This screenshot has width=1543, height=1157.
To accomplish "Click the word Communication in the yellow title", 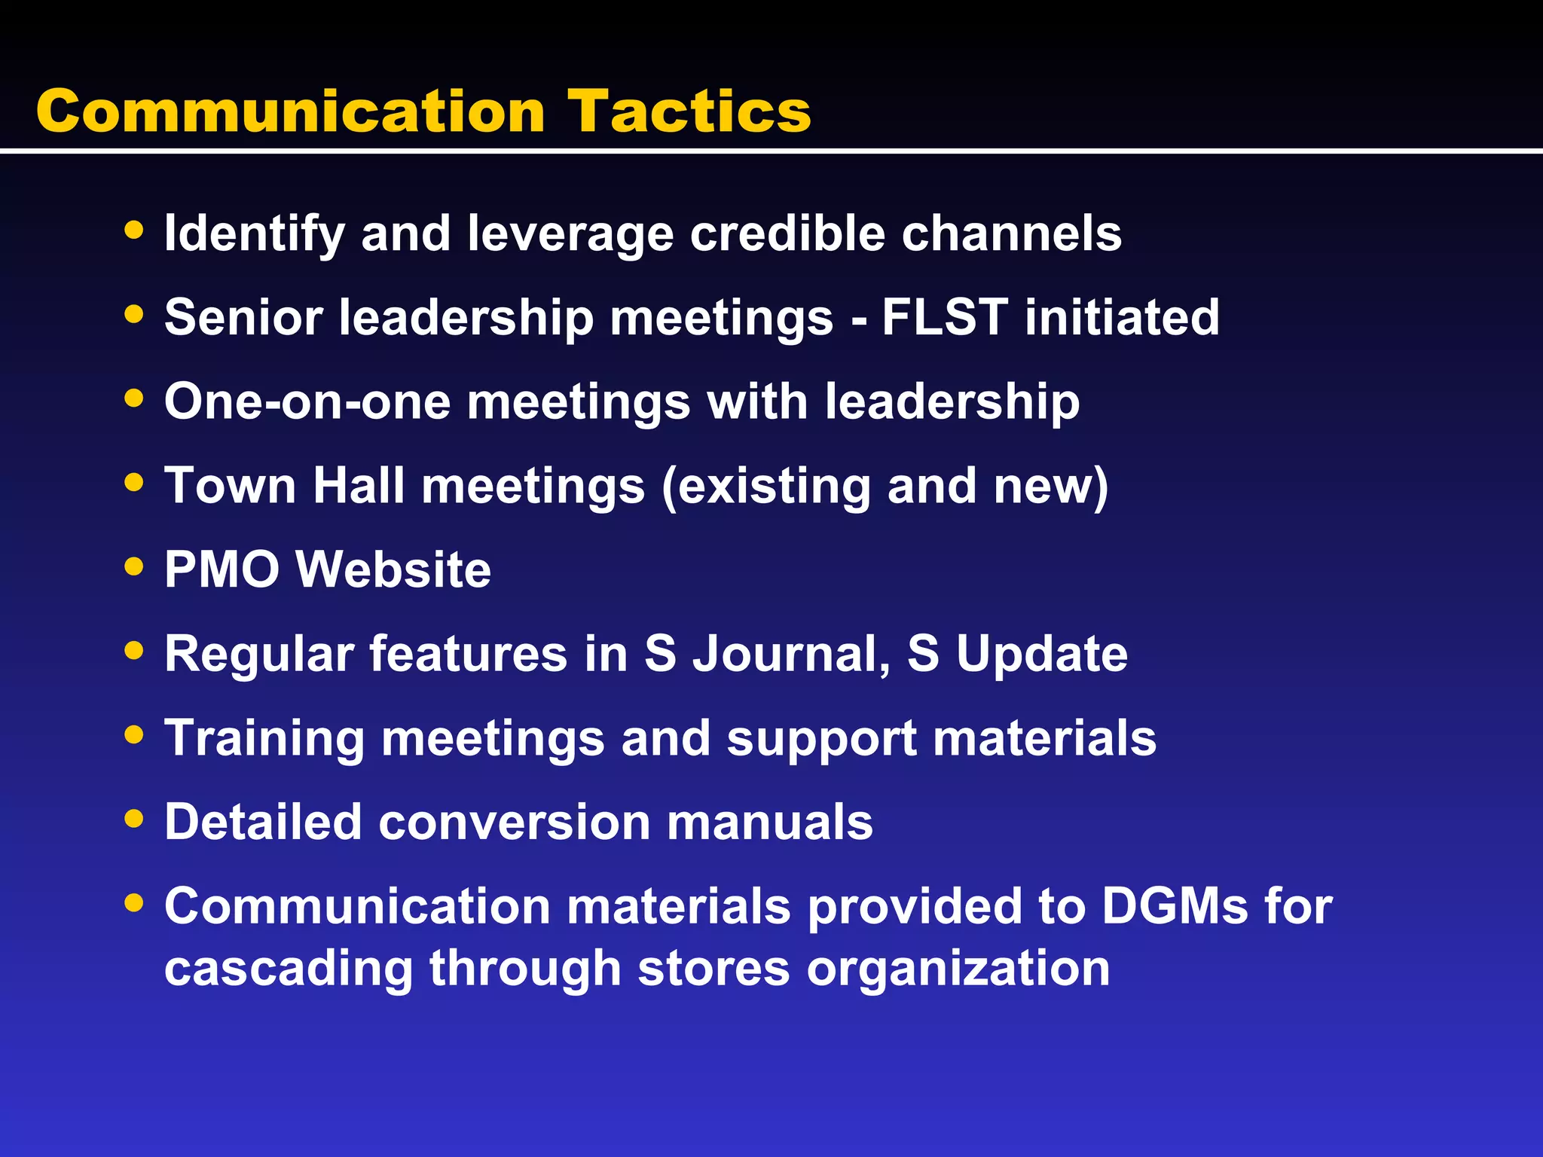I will pos(291,111).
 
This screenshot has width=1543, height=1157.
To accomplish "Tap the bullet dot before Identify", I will pos(134,230).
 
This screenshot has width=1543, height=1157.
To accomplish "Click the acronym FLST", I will pos(945,316).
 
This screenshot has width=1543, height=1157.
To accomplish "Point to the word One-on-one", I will pos(307,401).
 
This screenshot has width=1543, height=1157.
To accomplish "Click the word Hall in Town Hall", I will pos(359,485).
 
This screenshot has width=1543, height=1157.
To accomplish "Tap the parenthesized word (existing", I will pos(765,487).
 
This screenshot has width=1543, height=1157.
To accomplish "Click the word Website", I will pos(393,569).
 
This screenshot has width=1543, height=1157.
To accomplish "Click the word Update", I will pos(1042,654).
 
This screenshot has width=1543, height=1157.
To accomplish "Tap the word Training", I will pos(264,738).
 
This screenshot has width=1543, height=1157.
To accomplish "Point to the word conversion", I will pos(514,822).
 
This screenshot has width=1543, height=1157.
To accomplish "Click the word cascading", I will pos(289,969).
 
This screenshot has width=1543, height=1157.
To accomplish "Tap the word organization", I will pos(958,969).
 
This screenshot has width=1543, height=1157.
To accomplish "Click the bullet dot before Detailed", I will pos(134,818).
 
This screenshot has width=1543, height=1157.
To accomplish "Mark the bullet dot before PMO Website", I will pos(134,566).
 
